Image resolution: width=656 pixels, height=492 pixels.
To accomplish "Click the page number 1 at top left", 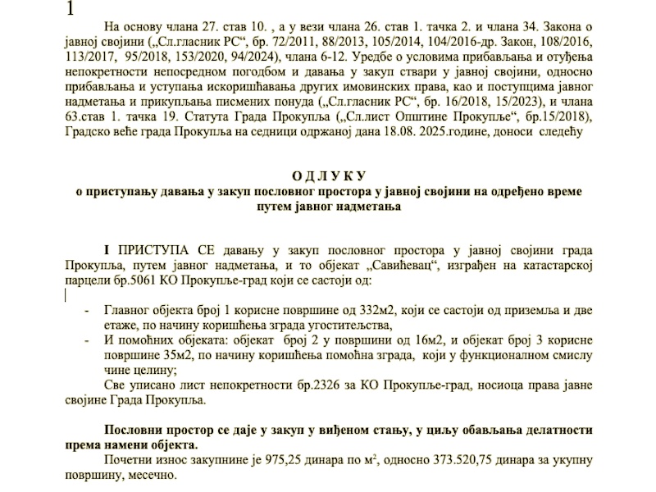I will (71, 10).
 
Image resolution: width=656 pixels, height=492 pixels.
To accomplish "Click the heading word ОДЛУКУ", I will (328, 176).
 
